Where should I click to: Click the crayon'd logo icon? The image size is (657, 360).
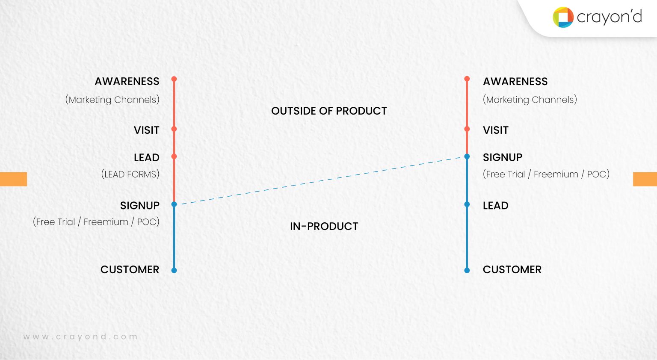pos(563,17)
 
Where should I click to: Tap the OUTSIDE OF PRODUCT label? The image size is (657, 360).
pos(329,111)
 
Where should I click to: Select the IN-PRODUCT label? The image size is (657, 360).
pos(324,227)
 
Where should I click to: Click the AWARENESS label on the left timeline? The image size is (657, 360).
pos(127,82)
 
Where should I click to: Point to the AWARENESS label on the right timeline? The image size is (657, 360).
pos(515,82)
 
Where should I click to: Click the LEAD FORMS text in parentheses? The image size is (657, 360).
pos(130,174)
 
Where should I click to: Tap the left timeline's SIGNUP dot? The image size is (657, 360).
pos(174,204)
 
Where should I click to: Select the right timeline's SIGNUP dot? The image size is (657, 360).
pos(467,156)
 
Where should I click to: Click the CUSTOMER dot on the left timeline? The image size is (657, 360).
pos(174,270)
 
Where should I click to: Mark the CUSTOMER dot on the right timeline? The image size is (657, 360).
pos(467,270)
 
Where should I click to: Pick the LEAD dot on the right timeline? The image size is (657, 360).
pos(467,204)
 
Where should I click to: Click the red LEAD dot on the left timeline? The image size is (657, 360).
pos(174,156)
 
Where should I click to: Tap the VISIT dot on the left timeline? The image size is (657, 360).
pos(174,129)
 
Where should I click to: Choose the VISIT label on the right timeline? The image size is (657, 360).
pos(495,130)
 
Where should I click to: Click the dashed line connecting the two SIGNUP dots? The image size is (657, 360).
pos(321,180)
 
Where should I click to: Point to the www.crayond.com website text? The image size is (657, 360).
pos(80,337)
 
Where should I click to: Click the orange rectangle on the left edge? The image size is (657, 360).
pos(13,179)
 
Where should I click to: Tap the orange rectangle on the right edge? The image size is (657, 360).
pos(645,179)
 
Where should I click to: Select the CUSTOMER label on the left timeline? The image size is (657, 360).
pos(130,270)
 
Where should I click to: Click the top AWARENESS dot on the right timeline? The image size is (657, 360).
pos(467,79)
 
